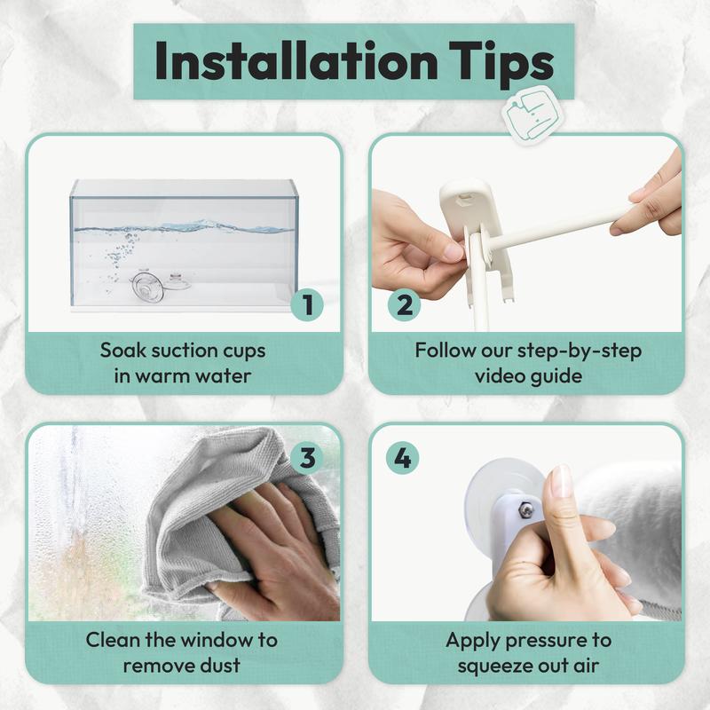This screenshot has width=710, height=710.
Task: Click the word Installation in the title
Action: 296,60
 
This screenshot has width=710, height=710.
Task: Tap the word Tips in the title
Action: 501,64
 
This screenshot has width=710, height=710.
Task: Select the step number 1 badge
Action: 307,304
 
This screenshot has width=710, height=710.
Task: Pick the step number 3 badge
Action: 307,457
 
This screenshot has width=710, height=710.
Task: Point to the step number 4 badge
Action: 403,458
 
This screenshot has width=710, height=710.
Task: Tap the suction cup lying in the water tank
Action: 147,285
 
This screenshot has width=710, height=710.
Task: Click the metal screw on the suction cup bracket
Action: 525,509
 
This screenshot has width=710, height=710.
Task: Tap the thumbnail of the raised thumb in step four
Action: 561,481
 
